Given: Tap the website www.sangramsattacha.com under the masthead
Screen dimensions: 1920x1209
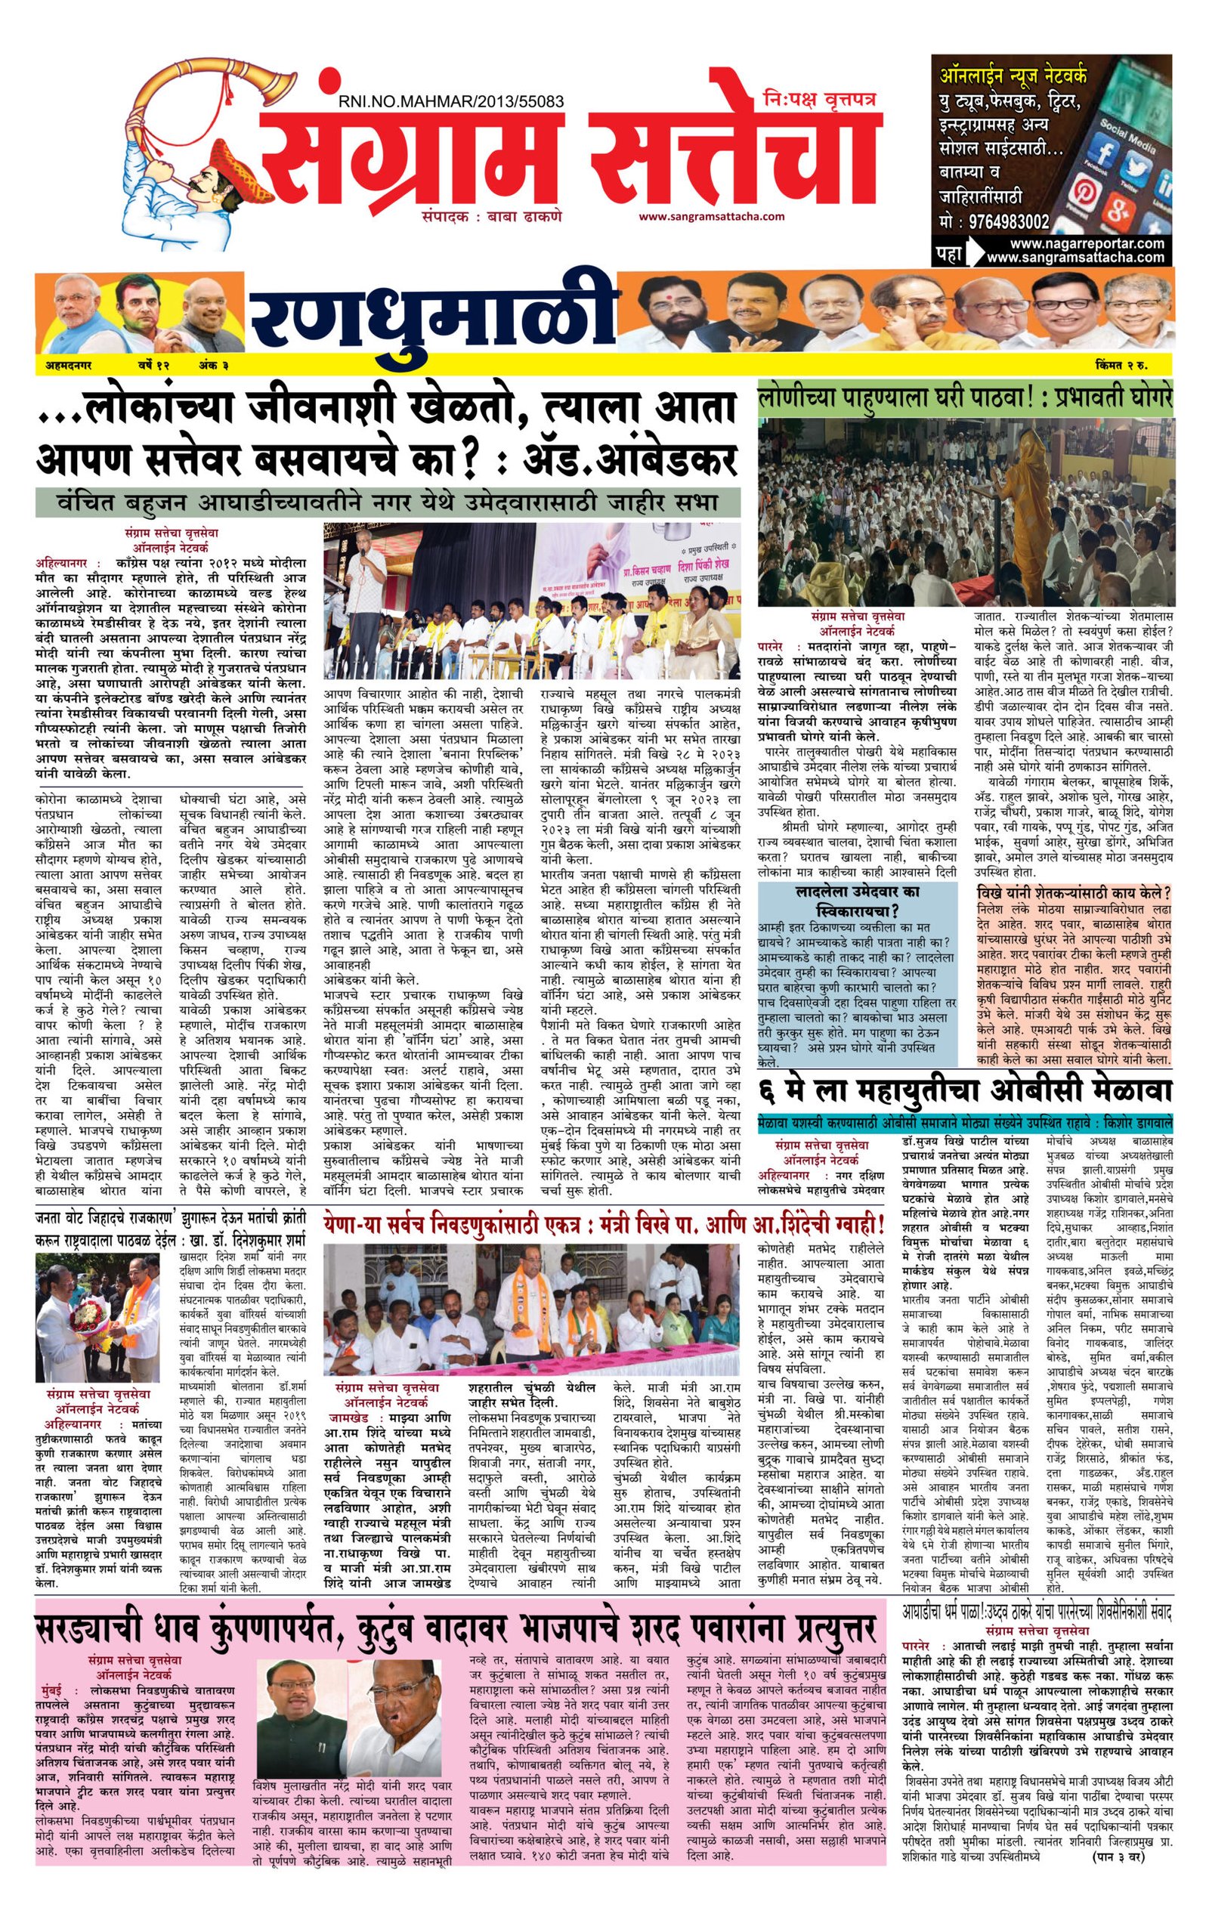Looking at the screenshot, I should [x=710, y=216].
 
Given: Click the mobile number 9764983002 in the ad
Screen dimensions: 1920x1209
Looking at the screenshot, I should [x=1008, y=222].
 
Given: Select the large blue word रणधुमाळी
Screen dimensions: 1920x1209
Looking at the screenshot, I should [x=434, y=317].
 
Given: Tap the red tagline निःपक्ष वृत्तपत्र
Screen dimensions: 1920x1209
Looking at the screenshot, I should [x=818, y=100].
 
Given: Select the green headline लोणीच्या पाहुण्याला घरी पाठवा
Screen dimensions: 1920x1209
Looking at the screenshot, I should [x=965, y=396].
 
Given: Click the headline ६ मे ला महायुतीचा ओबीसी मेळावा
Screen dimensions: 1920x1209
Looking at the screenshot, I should [x=965, y=1090].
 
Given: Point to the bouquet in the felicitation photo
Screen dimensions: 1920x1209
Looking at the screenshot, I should [x=87, y=1311].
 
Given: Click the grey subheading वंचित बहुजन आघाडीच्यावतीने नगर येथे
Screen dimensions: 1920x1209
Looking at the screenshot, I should [x=388, y=503].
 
